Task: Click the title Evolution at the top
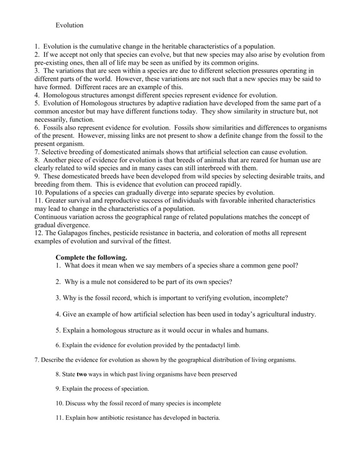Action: [70, 25]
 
